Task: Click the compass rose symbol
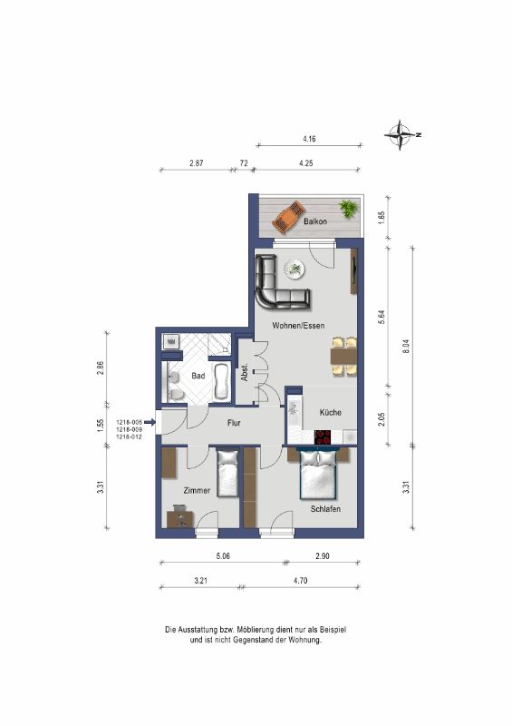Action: tap(400, 134)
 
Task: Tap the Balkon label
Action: tap(315, 221)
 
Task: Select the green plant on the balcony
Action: tap(349, 208)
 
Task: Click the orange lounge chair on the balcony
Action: tap(288, 217)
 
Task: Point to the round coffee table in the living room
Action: tap(294, 269)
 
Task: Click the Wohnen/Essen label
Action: tap(298, 326)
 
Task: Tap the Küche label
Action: tap(331, 412)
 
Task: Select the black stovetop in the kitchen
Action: tap(323, 437)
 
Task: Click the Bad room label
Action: tap(198, 376)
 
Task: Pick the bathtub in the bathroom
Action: tap(221, 382)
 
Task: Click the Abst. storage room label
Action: tap(245, 372)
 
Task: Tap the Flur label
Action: tap(234, 423)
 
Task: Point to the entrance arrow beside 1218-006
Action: tap(150, 422)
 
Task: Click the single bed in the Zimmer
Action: tap(227, 473)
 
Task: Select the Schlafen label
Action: tap(325, 509)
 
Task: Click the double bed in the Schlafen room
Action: tap(319, 474)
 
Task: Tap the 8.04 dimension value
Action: tap(406, 347)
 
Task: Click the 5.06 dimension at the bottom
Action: tap(223, 555)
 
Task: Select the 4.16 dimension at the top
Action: tap(309, 139)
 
